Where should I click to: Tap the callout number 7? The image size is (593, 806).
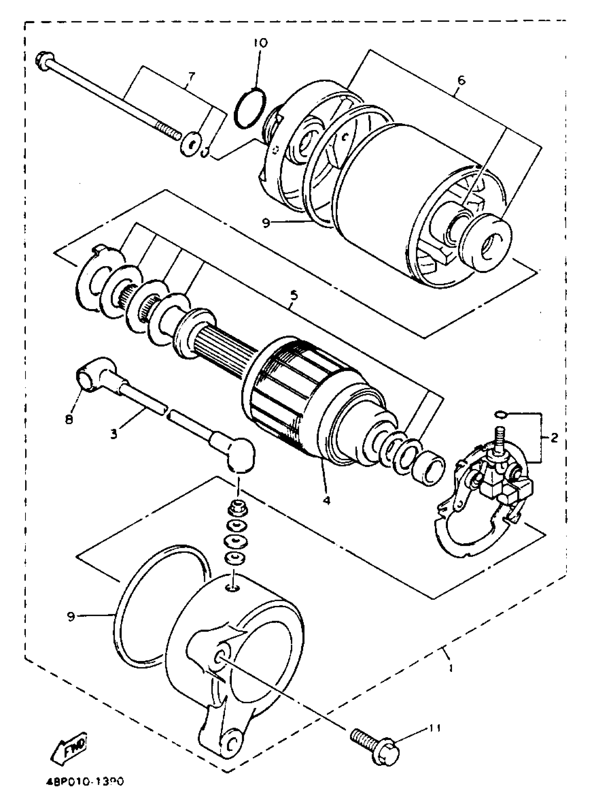[191, 76]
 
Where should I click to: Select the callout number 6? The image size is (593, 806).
[461, 80]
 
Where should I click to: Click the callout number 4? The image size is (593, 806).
[326, 500]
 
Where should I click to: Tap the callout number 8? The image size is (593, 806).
[69, 419]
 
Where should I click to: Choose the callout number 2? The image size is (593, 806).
[554, 438]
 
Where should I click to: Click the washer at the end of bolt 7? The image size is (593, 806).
[190, 145]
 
